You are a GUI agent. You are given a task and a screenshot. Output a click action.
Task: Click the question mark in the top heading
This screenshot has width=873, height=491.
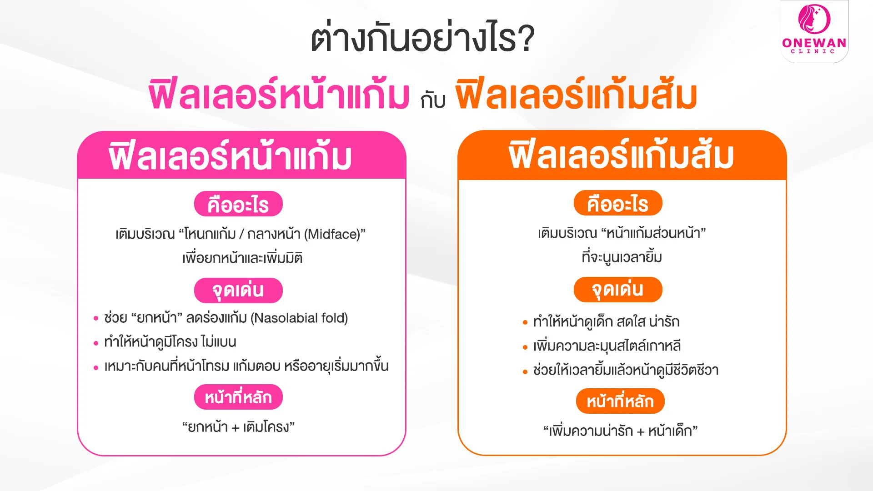click(x=526, y=39)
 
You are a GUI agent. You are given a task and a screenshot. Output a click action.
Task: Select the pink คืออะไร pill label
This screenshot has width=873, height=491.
click(x=238, y=204)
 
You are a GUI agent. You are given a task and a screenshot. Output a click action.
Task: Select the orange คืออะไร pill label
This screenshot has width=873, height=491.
click(x=618, y=203)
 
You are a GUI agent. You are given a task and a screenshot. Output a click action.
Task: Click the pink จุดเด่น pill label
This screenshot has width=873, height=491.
click(x=238, y=291)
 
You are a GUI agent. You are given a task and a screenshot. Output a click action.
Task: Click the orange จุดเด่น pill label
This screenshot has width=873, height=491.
click(x=618, y=290)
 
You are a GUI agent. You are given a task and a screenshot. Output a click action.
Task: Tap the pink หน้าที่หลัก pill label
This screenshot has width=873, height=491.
click(x=238, y=397)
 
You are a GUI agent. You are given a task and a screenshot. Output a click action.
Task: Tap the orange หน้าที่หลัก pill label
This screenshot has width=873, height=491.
click(x=620, y=401)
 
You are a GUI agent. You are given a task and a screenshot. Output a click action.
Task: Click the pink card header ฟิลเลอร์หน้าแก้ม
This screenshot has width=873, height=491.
click(x=230, y=156)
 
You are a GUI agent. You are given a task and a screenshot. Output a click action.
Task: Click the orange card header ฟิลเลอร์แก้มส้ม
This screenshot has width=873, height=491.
click(x=622, y=155)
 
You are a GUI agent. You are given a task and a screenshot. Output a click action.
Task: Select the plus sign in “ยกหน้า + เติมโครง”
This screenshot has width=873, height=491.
click(x=235, y=428)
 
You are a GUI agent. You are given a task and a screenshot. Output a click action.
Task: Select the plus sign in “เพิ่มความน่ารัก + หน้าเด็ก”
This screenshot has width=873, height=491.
click(x=640, y=431)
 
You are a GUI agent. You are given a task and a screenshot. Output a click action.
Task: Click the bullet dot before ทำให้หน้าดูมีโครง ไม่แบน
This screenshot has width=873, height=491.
click(x=96, y=343)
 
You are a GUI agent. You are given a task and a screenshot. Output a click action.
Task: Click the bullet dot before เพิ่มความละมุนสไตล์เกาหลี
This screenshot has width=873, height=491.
click(x=525, y=347)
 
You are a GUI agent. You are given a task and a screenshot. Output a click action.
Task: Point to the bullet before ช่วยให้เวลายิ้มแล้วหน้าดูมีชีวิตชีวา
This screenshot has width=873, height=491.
click(x=525, y=372)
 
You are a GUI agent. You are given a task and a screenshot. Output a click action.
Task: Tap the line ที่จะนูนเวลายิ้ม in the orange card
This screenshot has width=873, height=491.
click(x=622, y=257)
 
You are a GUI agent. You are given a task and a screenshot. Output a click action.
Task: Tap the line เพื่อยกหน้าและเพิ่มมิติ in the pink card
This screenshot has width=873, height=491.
click(x=242, y=258)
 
